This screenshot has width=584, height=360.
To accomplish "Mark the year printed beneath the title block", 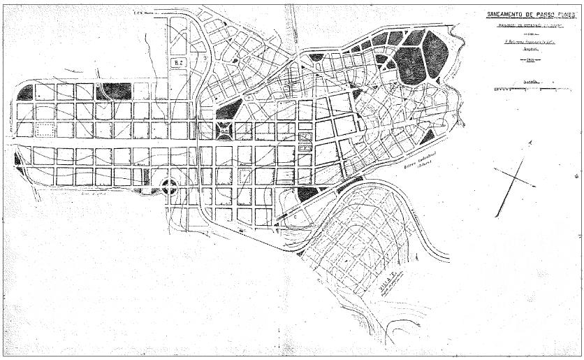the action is [x=526, y=62].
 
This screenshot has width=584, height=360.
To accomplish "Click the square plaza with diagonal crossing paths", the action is [x=224, y=130].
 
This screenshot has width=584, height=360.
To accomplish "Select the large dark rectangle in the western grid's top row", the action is [x=117, y=91].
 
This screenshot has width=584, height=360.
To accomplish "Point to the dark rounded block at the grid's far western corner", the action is [x=25, y=92].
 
